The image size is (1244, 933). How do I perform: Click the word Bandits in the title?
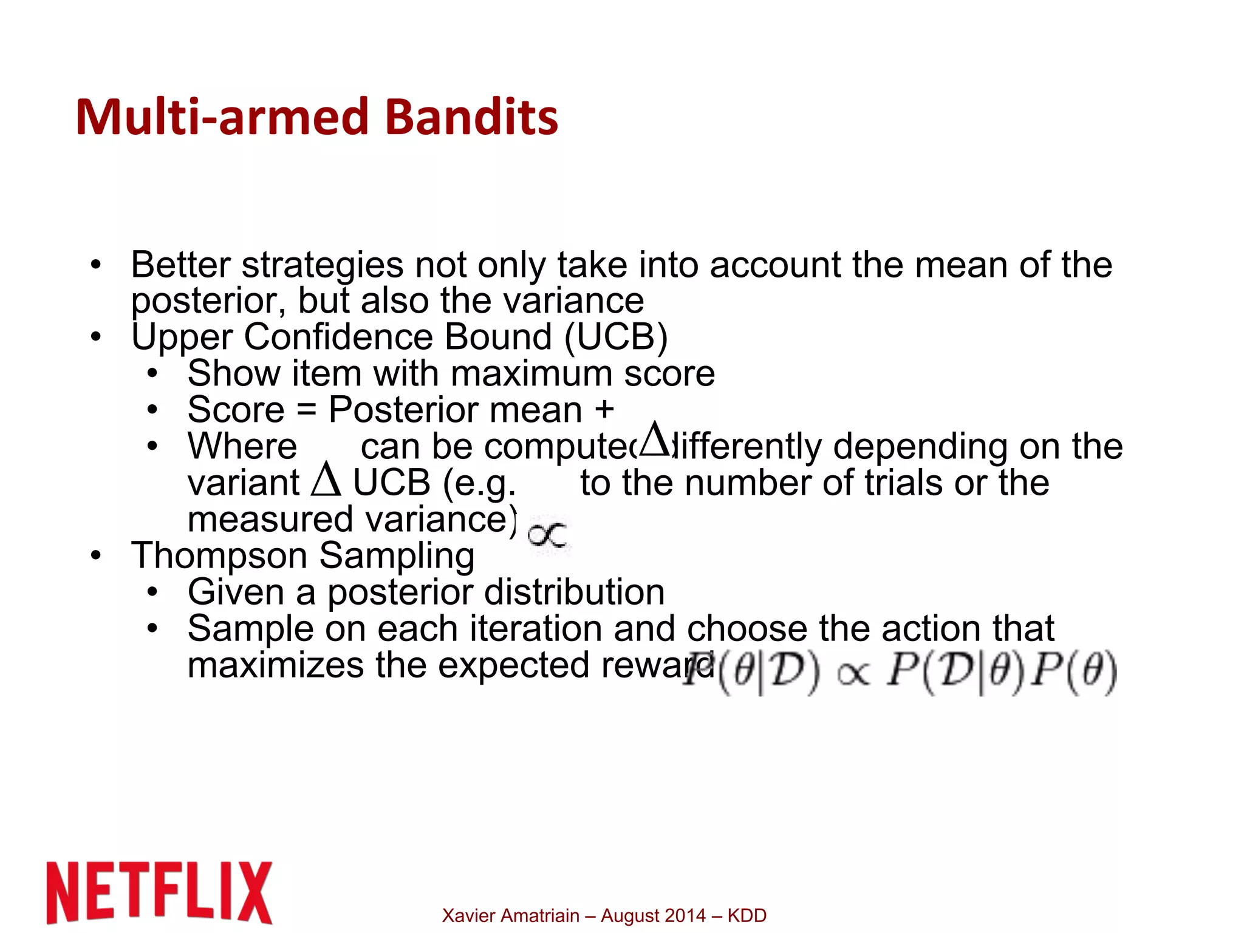(471, 117)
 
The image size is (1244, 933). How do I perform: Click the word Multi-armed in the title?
(222, 117)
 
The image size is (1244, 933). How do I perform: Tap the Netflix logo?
(160, 892)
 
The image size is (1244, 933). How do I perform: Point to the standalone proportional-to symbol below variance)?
(547, 535)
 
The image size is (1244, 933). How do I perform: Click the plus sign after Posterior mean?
(604, 409)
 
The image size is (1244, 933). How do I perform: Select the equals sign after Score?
(306, 410)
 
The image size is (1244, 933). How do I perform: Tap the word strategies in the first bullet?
(323, 265)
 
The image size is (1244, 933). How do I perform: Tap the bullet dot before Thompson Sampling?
(95, 555)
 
